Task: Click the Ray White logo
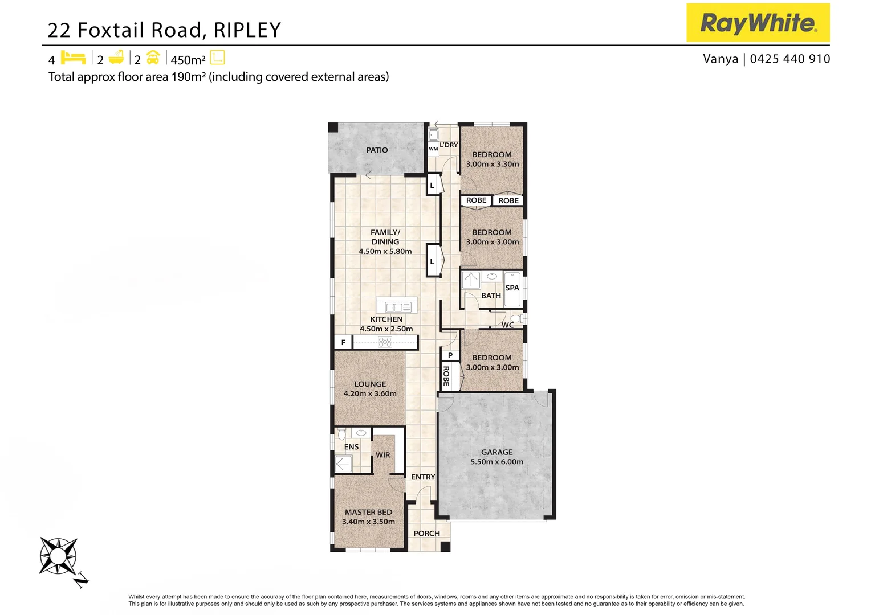(x=758, y=23)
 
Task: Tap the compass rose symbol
(x=58, y=556)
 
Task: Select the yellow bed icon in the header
(x=73, y=58)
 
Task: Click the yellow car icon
(x=153, y=58)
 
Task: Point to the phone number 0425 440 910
(x=790, y=59)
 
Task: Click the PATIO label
(x=377, y=150)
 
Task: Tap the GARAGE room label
(x=496, y=452)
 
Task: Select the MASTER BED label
(x=368, y=512)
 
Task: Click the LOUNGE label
(x=370, y=384)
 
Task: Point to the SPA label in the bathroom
(x=512, y=288)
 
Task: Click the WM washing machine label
(x=433, y=149)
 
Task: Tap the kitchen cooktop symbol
(x=385, y=342)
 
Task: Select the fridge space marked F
(x=343, y=342)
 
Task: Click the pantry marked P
(x=450, y=355)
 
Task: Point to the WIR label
(x=383, y=455)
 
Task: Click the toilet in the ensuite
(x=342, y=434)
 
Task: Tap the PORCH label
(x=426, y=534)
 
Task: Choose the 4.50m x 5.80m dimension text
(x=385, y=251)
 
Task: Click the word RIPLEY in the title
(x=247, y=30)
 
